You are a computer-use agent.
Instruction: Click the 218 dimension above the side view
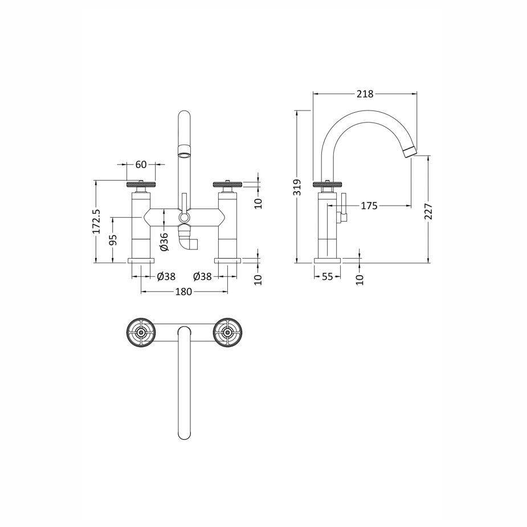pos(365,94)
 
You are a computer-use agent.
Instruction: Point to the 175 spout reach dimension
pos(369,206)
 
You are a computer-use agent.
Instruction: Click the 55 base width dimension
pos(327,276)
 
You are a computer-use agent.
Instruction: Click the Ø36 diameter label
pos(164,242)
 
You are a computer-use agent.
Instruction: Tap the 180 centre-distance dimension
pos(183,292)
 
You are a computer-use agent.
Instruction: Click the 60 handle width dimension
pos(141,165)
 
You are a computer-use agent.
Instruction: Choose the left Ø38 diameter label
pos(166,276)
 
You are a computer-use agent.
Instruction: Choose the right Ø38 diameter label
pos(202,276)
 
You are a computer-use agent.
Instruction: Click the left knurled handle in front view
pos(141,184)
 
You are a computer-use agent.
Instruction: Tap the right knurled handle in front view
pos(228,184)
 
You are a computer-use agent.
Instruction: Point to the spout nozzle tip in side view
pos(410,152)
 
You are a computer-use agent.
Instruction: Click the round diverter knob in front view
pos(183,218)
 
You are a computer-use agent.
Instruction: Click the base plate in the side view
pos(327,260)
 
